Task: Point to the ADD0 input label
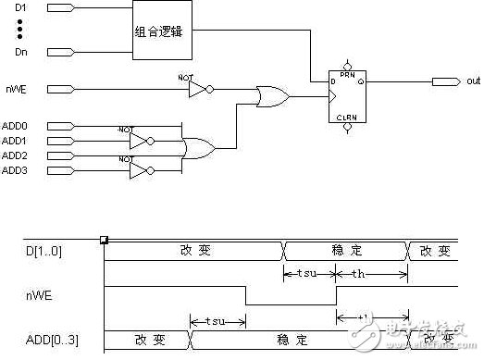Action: [15, 125]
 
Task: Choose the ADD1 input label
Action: [15, 141]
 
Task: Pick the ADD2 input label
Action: [15, 155]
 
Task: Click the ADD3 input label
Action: [15, 171]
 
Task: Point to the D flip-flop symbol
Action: [347, 96]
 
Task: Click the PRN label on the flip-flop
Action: [347, 73]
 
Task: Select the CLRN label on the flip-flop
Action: [347, 118]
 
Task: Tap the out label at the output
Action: [472, 82]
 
